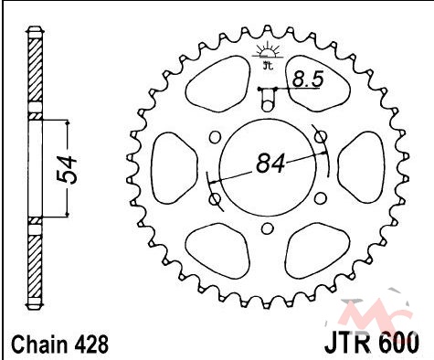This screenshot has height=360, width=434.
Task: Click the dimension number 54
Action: pyautogui.click(x=68, y=170)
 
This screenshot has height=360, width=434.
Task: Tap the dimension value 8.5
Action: pyautogui.click(x=308, y=79)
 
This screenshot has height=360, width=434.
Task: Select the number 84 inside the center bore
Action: pyautogui.click(x=270, y=164)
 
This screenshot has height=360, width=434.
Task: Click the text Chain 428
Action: pyautogui.click(x=59, y=344)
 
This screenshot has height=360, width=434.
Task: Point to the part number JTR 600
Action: pyautogui.click(x=372, y=344)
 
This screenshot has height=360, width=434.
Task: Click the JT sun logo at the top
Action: pyautogui.click(x=268, y=54)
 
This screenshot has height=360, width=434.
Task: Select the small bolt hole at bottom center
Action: pyautogui.click(x=268, y=228)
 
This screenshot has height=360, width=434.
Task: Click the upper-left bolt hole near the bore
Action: pyautogui.click(x=215, y=137)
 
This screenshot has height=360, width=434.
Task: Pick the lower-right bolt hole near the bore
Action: pyautogui.click(x=320, y=198)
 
